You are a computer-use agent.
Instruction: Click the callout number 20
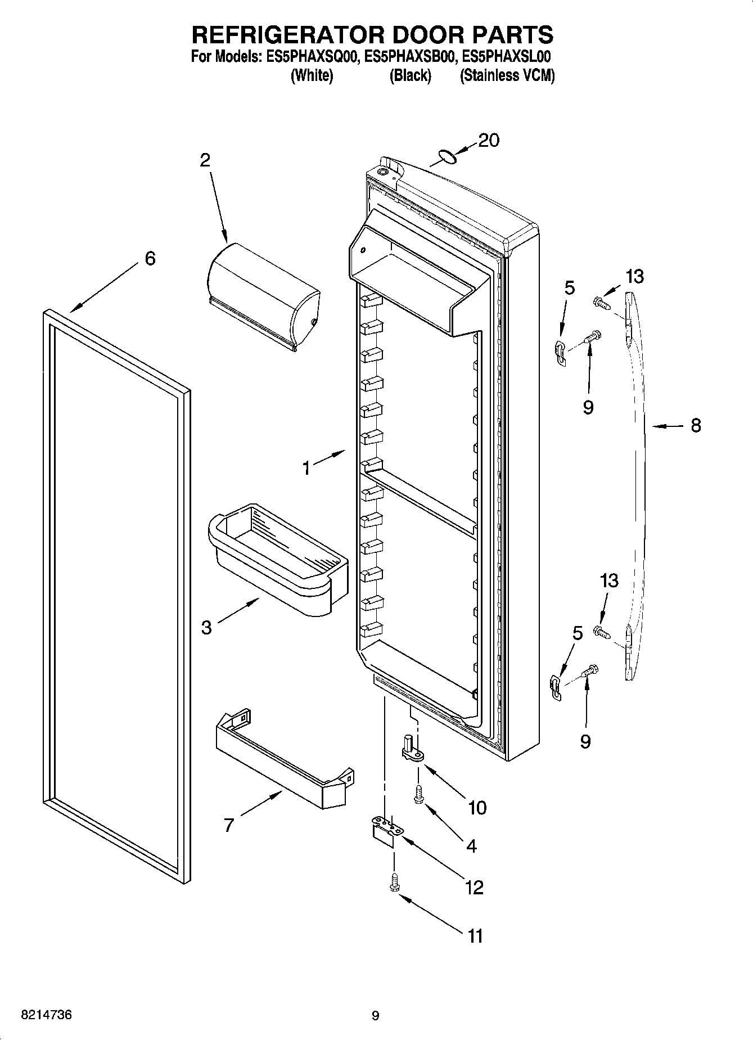[x=488, y=141]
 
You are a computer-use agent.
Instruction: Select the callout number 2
[x=205, y=160]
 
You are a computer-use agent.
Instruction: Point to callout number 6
[x=150, y=259]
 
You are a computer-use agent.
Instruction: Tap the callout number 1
[x=306, y=468]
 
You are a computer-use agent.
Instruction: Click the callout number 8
[x=696, y=426]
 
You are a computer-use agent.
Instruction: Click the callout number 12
[x=474, y=887]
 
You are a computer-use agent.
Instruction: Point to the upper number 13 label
[x=634, y=276]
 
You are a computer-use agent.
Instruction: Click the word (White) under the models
[x=312, y=75]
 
